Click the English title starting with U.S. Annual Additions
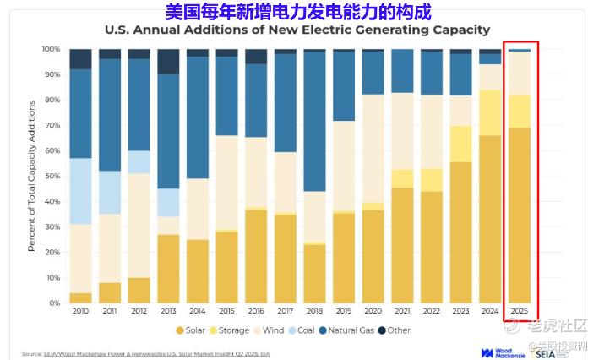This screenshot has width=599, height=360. [297, 30]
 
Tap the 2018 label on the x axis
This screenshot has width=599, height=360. [315, 312]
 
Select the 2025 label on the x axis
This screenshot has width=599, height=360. [520, 312]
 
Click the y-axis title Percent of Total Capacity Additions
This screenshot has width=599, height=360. [31, 176]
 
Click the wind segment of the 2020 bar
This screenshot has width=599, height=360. [373, 148]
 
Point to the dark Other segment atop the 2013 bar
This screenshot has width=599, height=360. [168, 61]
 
